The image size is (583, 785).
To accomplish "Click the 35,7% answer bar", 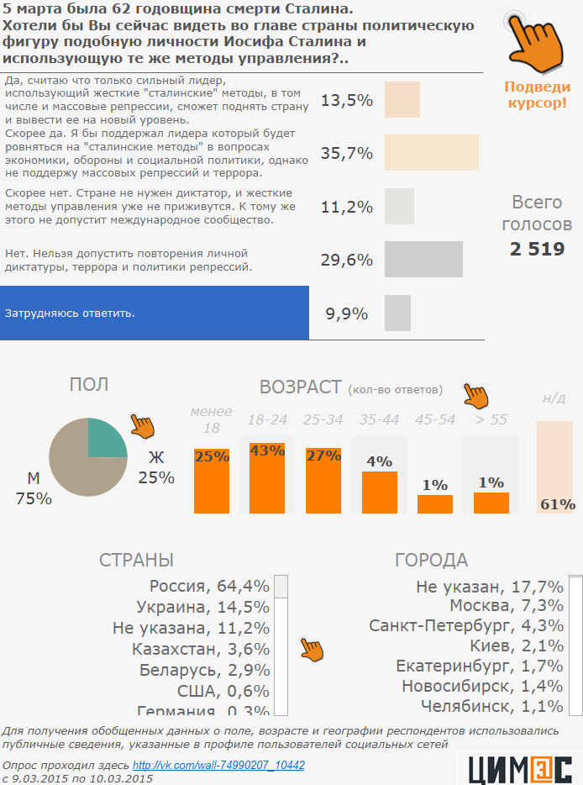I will [431, 152].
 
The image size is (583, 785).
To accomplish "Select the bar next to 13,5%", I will [402, 100].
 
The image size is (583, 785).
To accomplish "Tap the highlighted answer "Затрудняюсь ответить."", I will [155, 313].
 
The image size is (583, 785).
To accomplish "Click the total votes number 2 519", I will [537, 249].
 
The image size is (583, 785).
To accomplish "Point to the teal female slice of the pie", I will [107, 438].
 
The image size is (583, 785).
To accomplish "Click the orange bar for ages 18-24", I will [267, 477].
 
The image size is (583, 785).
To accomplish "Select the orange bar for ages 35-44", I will [380, 492].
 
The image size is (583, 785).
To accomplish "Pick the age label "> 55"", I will [491, 419].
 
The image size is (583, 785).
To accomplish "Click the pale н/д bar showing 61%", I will [554, 466].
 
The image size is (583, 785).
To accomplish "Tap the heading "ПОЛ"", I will [88, 385].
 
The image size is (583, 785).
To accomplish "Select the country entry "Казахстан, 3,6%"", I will [201, 649].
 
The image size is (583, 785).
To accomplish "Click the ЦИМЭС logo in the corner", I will [519, 767].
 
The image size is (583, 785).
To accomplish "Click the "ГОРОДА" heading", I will [431, 561].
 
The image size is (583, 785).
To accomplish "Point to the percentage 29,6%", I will [346, 260].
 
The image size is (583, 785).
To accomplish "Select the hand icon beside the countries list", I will [312, 649].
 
